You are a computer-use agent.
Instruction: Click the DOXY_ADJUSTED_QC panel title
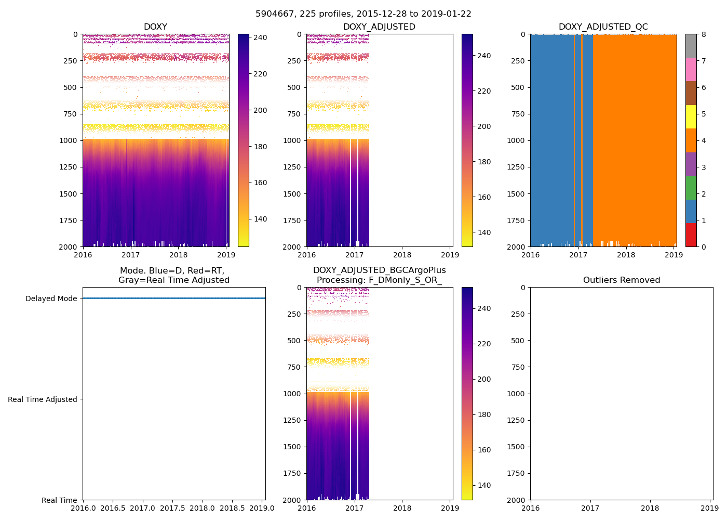coord(603,27)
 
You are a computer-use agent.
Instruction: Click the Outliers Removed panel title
coord(621,280)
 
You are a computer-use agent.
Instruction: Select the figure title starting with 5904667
coord(363,14)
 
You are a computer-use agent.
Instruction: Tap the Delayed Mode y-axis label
coord(51,298)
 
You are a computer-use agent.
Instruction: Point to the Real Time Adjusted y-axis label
coord(43,399)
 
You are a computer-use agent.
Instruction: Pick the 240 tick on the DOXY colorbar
coord(260,37)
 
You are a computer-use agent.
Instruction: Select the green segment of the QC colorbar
coord(691,188)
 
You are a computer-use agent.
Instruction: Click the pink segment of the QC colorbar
coord(691,70)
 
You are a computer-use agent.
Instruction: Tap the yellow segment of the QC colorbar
coord(691,117)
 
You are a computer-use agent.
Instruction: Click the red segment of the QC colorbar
coord(691,235)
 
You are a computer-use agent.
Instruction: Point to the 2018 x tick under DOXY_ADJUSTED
coord(402,255)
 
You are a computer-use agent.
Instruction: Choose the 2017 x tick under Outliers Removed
coord(590,508)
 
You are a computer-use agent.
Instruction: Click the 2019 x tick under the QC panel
coord(674,255)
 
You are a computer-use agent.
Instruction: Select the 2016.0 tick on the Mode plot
coord(83,508)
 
